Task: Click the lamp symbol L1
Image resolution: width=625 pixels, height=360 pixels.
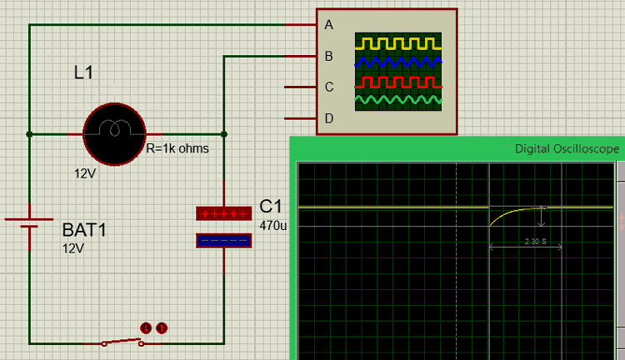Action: (114, 134)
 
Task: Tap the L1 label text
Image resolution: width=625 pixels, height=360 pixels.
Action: (84, 73)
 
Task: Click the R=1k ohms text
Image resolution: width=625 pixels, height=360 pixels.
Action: (177, 149)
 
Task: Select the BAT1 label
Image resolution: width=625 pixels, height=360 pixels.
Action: (84, 230)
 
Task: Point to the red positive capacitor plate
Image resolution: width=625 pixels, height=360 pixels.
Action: (223, 213)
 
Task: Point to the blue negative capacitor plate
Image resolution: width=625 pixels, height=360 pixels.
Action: (223, 241)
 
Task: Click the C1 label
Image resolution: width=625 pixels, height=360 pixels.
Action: (271, 207)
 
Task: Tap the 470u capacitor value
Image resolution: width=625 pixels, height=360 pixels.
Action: (272, 225)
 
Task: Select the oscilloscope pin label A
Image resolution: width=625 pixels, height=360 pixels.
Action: (329, 25)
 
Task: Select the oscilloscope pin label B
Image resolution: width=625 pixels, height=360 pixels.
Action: (329, 57)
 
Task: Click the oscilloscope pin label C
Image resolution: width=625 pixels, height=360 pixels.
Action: (329, 87)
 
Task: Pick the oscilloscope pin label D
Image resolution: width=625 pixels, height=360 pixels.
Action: (329, 118)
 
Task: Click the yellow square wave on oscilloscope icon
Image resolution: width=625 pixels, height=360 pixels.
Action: (398, 42)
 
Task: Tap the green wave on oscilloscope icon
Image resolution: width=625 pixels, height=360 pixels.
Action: (398, 101)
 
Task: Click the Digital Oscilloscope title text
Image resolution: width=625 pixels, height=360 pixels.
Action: (567, 148)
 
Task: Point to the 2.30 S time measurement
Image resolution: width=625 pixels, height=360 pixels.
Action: (535, 241)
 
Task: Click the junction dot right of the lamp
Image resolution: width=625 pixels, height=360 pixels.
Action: (223, 134)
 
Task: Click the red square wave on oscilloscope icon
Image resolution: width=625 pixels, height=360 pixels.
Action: (398, 82)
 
